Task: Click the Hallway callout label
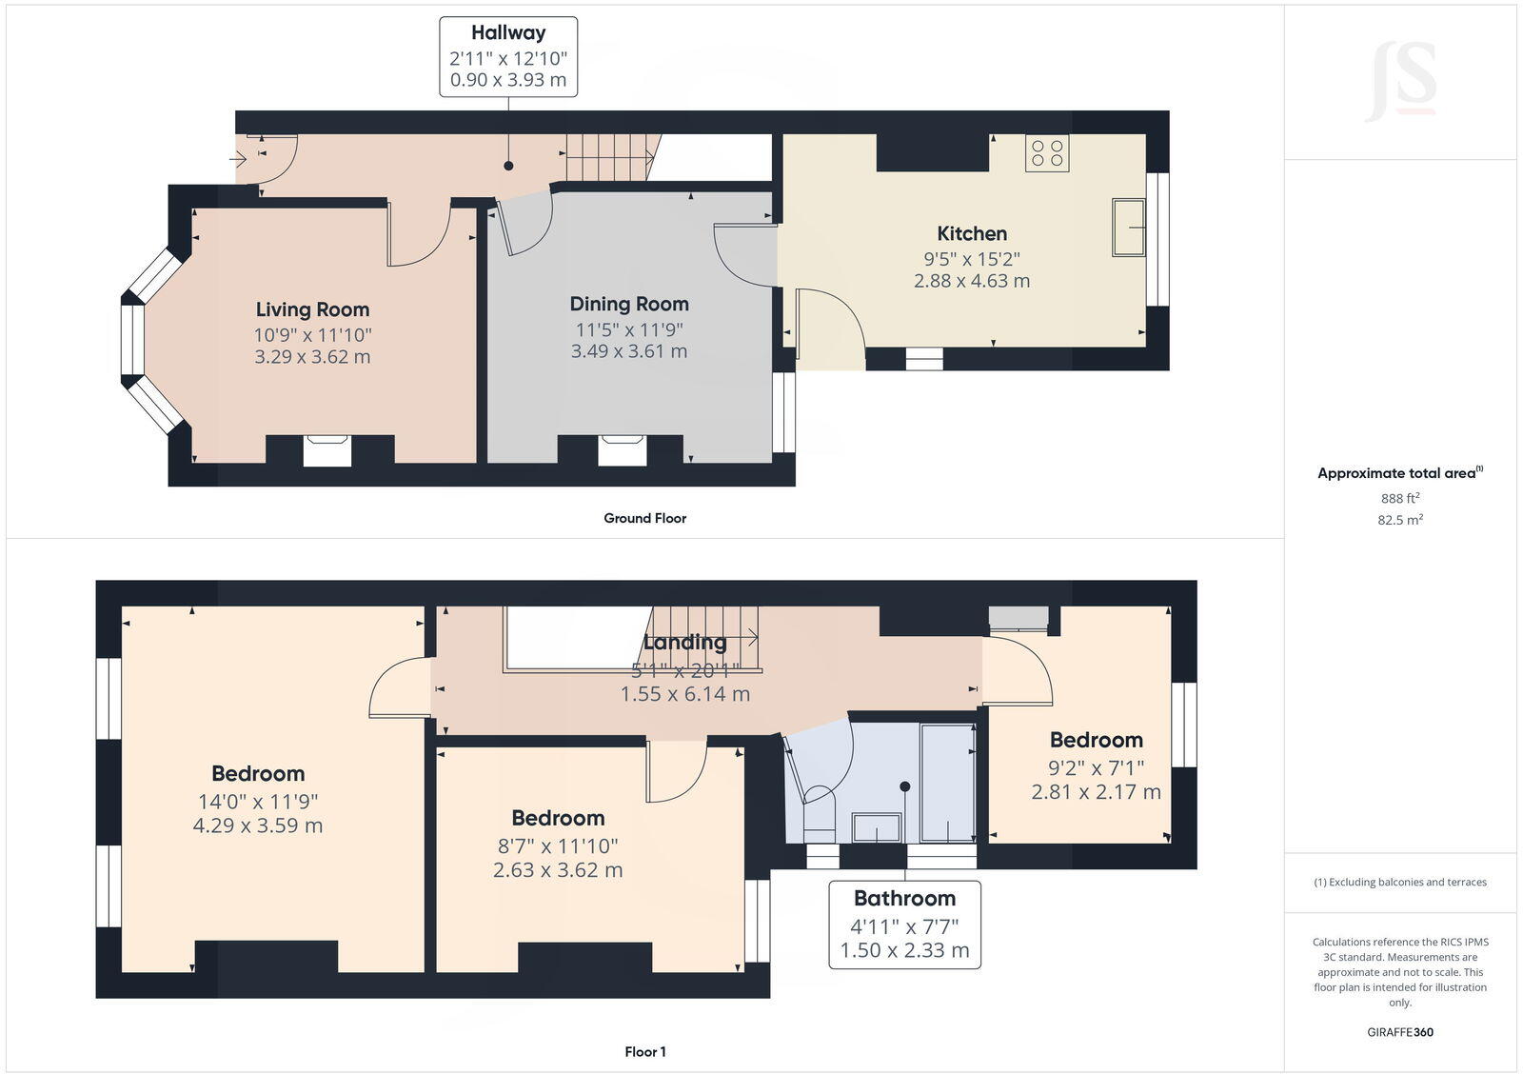(507, 56)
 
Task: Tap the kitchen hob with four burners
(1047, 153)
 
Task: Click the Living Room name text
(312, 309)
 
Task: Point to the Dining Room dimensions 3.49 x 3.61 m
(628, 351)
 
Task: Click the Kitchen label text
(971, 233)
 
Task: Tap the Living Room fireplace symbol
(326, 449)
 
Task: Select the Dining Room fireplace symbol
(622, 449)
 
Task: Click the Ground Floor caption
(644, 518)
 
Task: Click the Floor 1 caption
(644, 1052)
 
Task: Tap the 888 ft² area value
(1400, 498)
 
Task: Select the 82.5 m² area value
(1401, 520)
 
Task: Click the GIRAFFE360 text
(1400, 1032)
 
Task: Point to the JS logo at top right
(1401, 82)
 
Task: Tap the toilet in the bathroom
(819, 809)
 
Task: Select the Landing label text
(684, 643)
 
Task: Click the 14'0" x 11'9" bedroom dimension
(258, 802)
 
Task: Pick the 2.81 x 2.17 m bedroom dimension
(1096, 792)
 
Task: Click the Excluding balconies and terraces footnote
(1400, 883)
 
